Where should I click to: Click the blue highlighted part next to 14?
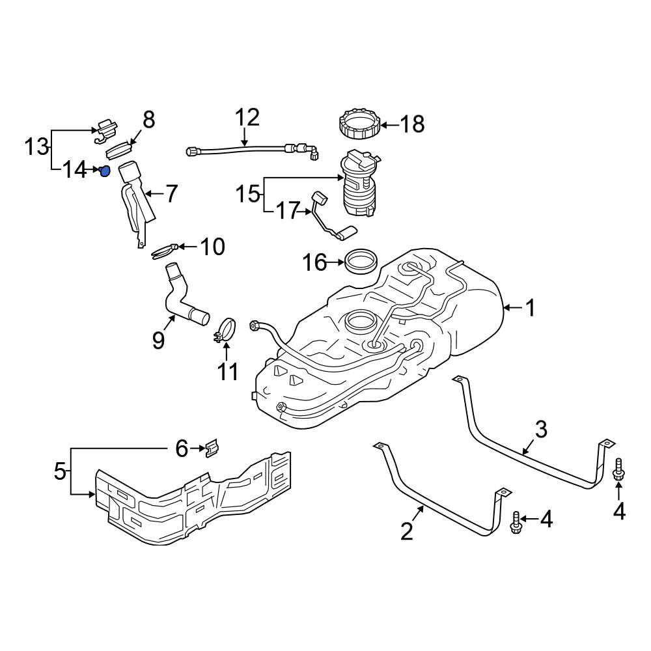pos(104,171)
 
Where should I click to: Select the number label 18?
pos(412,124)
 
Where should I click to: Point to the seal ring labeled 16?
pos(360,262)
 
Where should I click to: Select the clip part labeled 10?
pos(163,251)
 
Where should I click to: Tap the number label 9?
pos(158,340)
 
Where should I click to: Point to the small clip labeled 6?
pos(210,448)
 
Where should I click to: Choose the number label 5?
pos(60,471)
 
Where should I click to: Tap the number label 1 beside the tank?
pos(531,307)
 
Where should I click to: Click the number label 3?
pos(541,430)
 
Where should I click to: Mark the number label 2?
pos(407,531)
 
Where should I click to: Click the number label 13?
pos(36,147)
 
